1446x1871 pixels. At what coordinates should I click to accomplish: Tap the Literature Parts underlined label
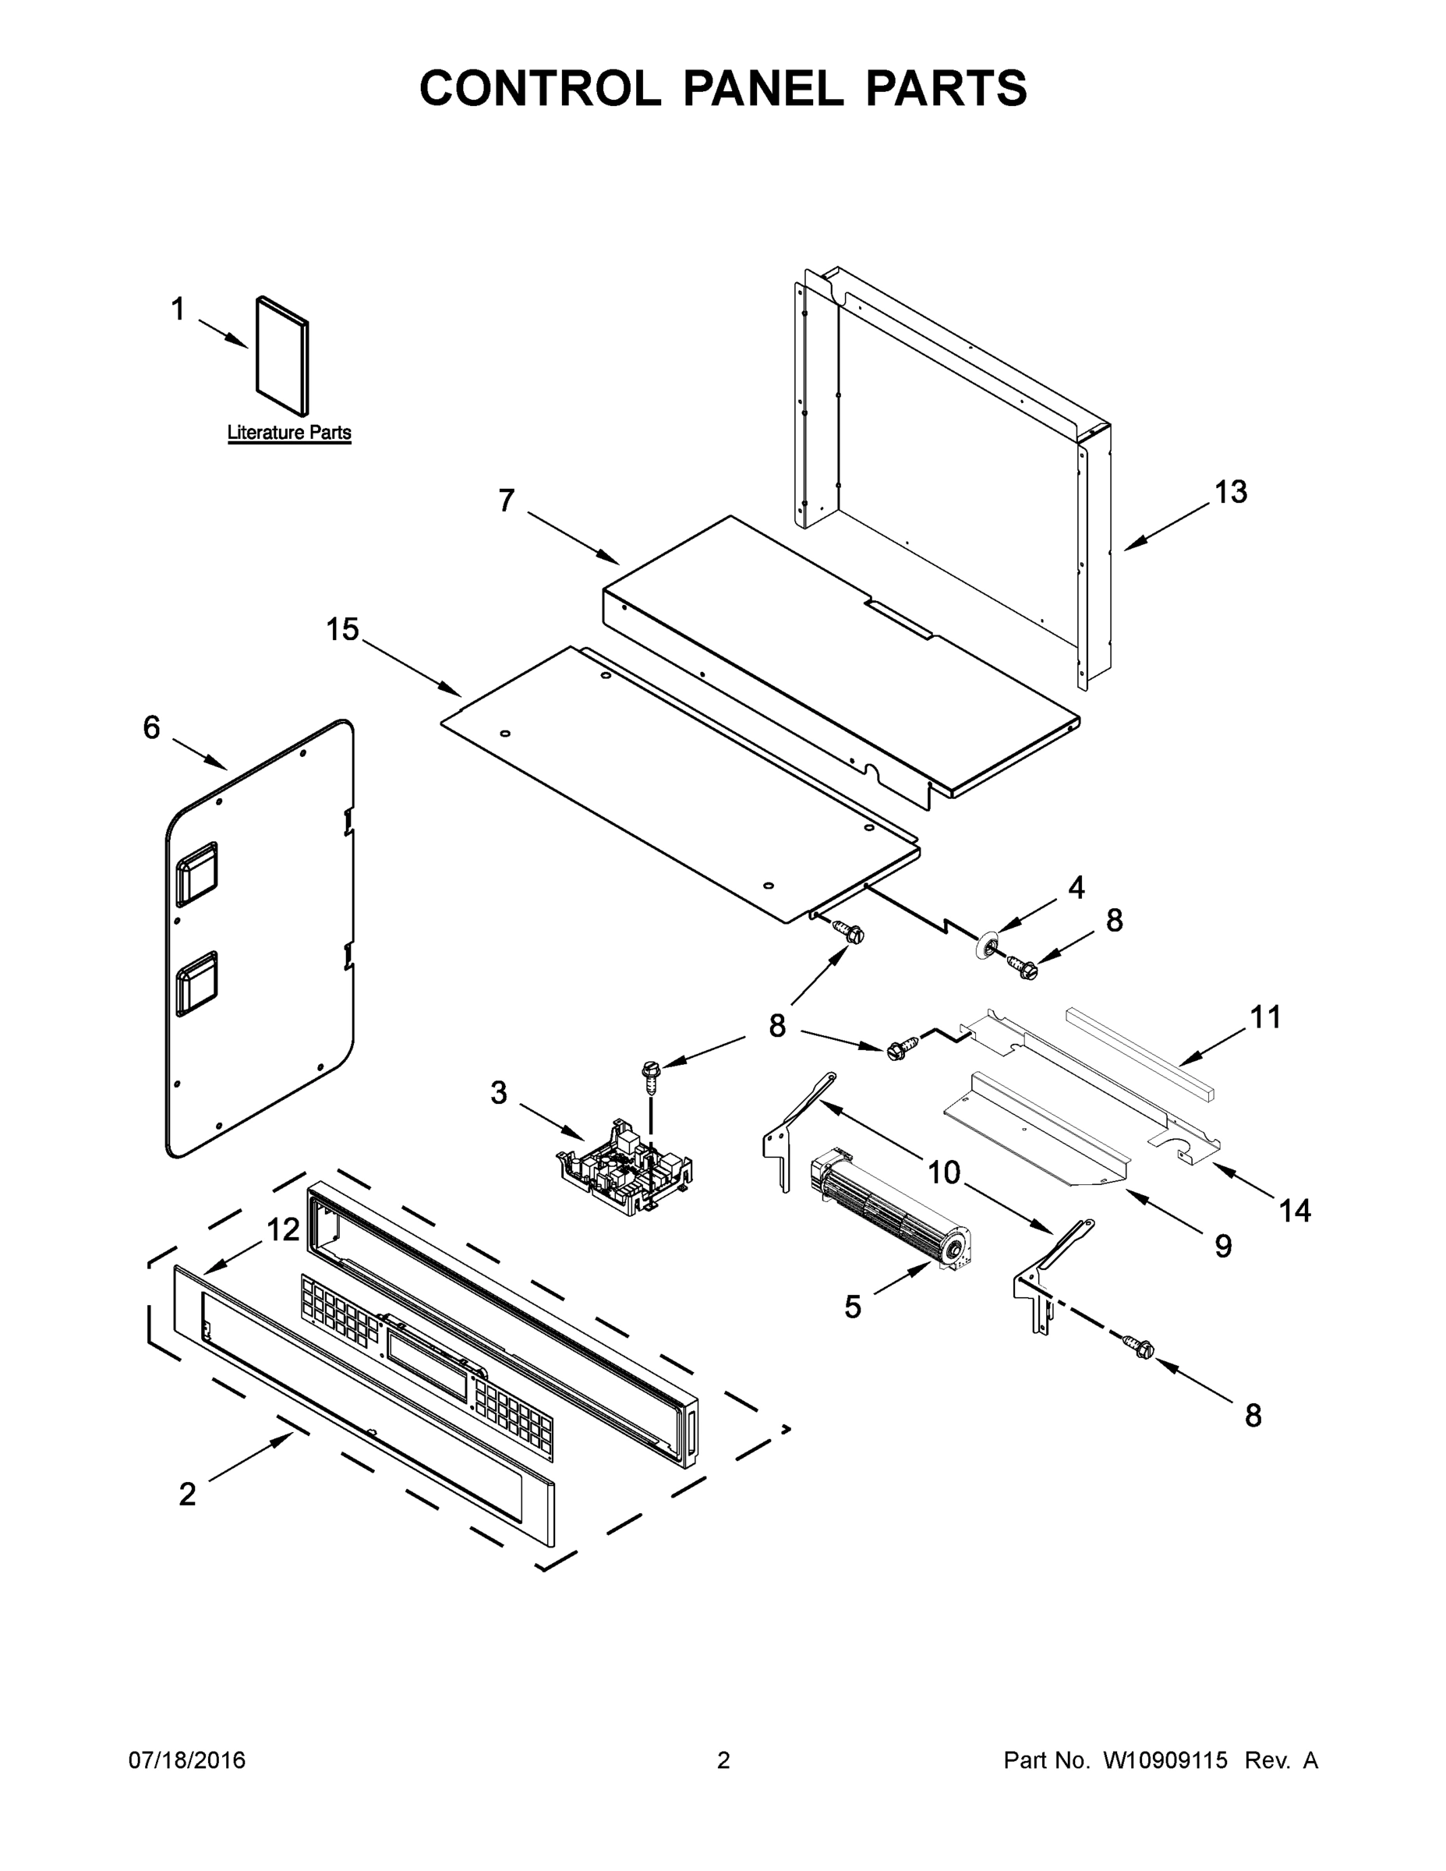(x=288, y=433)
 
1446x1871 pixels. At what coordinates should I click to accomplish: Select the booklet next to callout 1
(x=282, y=356)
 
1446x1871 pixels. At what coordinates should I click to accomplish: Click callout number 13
(x=1230, y=493)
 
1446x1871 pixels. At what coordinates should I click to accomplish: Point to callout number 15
(x=341, y=630)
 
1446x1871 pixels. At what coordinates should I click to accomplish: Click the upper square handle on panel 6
(x=196, y=874)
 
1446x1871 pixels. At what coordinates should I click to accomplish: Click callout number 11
(x=1265, y=1017)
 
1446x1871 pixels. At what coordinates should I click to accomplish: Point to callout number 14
(x=1294, y=1211)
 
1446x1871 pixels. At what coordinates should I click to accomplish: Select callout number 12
(x=283, y=1230)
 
